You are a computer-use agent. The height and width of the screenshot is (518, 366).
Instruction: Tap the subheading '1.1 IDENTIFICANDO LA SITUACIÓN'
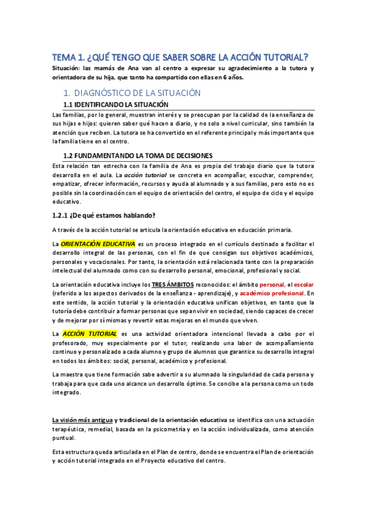[116, 105]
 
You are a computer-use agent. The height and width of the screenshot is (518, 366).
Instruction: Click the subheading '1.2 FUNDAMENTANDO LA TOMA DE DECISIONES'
[137, 155]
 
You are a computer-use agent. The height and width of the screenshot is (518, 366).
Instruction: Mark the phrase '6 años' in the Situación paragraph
[232, 78]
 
